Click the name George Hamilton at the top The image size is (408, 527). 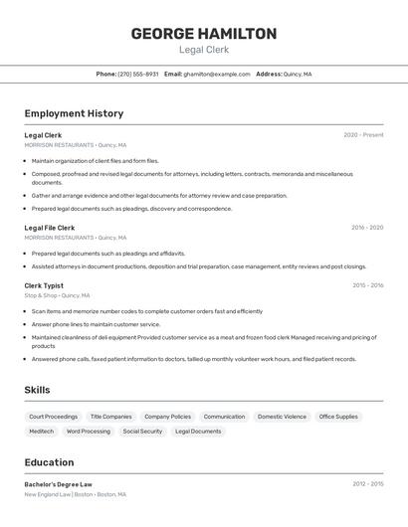(x=204, y=34)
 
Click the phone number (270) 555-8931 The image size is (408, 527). (x=138, y=74)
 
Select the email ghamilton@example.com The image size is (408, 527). (x=217, y=74)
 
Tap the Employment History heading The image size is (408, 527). (x=74, y=113)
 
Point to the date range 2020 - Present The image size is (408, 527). (x=363, y=135)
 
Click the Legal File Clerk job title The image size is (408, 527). (x=50, y=228)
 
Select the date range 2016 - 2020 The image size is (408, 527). (x=366, y=228)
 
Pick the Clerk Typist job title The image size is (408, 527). (x=44, y=285)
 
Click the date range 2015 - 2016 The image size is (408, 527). (x=367, y=285)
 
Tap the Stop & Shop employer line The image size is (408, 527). (x=57, y=295)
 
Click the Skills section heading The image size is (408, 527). (x=37, y=390)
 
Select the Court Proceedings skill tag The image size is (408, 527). (x=53, y=417)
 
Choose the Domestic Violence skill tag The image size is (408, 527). (x=282, y=417)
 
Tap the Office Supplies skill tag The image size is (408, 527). (x=338, y=417)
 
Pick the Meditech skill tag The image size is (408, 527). (x=41, y=432)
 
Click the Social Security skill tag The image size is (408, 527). (x=142, y=432)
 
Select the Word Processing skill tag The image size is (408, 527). (x=89, y=432)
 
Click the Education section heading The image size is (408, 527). (x=49, y=462)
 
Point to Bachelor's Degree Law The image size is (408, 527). (x=58, y=484)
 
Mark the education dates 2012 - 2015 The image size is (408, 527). (x=366, y=484)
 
